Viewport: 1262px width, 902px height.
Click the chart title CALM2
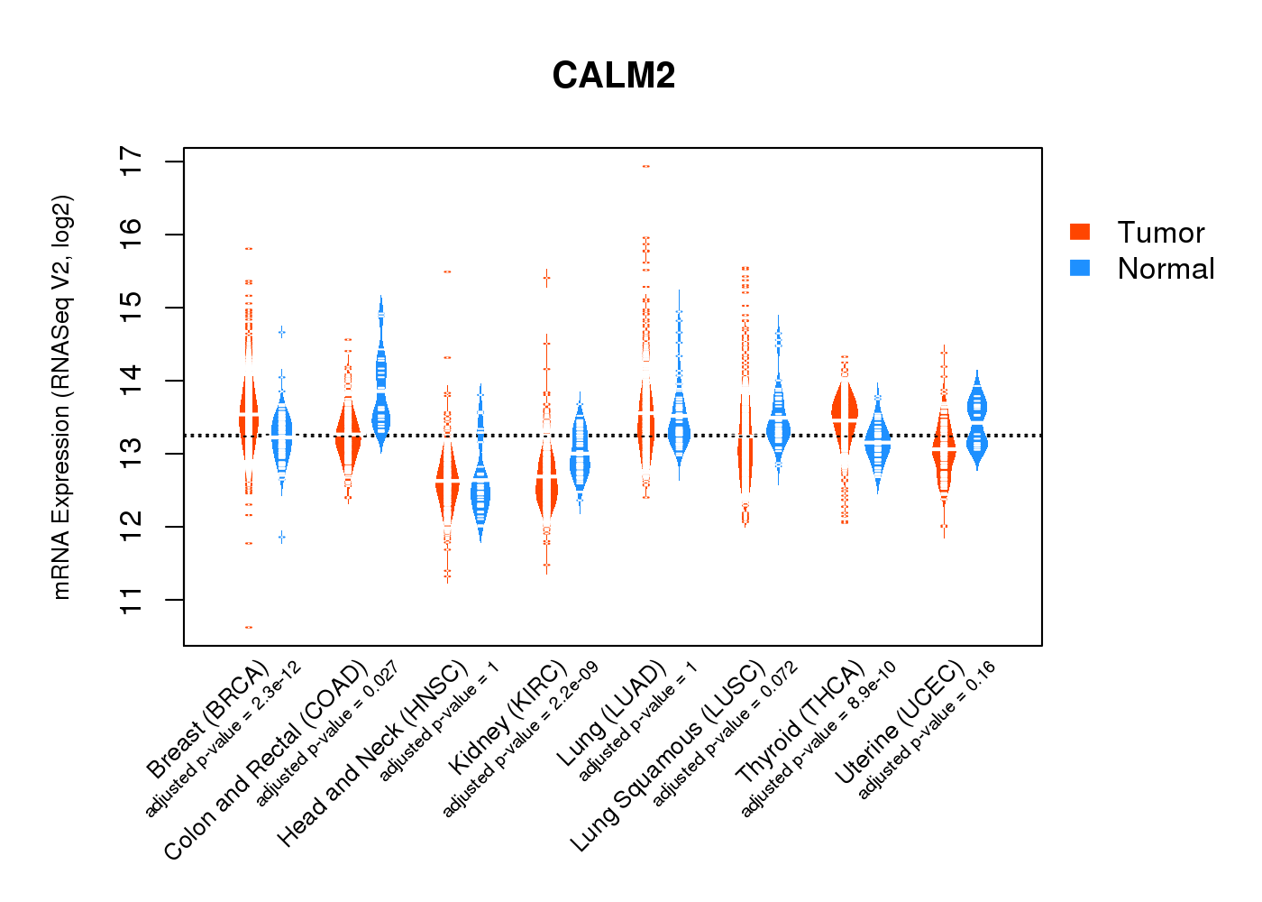coord(614,76)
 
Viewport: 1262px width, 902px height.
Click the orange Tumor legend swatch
coord(1080,232)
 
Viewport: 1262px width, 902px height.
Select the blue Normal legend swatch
coord(1080,268)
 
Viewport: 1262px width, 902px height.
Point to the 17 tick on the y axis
coord(132,161)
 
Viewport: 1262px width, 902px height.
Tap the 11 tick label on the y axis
coord(132,600)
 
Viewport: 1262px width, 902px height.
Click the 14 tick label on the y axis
coord(132,381)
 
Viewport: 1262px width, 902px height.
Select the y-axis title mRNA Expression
coord(61,397)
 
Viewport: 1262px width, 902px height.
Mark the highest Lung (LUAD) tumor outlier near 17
coord(645,166)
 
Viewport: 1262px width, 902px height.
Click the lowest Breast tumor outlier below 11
coord(249,627)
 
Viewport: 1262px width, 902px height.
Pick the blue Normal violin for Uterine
coord(977,419)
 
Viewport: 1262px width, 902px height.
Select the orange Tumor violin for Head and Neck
coord(447,483)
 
